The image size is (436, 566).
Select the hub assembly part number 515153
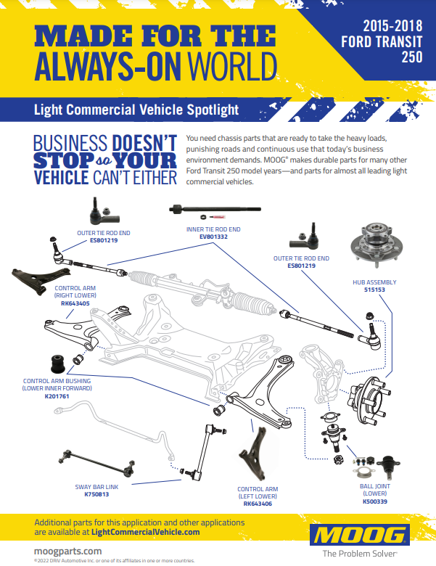coord(374,290)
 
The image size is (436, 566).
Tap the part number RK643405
coord(75,303)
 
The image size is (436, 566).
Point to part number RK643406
coord(258,503)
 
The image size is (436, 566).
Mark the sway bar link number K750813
coord(97,494)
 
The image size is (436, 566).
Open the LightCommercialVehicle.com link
coord(146,532)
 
